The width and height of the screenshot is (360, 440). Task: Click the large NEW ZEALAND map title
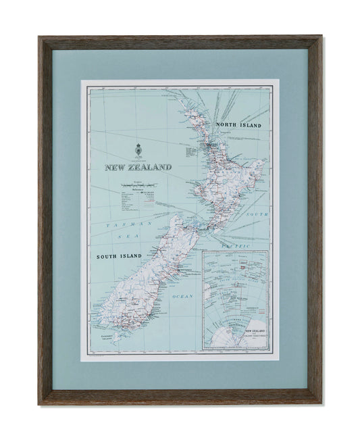tap(138, 166)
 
